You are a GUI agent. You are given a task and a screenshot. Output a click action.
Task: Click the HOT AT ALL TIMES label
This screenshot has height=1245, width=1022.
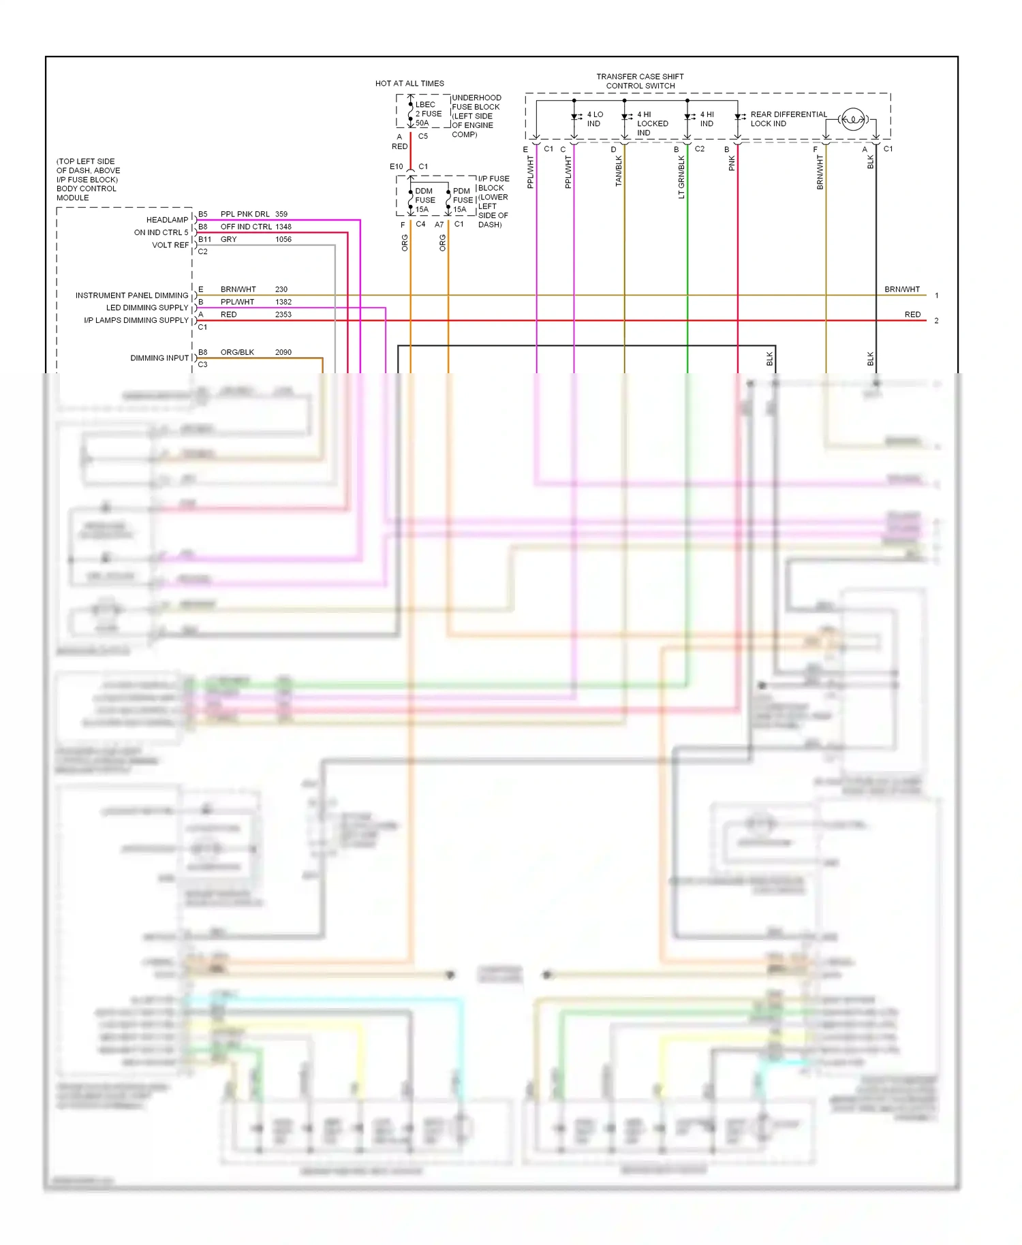[x=409, y=83]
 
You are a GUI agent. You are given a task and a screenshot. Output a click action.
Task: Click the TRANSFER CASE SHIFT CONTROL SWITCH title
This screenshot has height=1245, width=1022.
[x=640, y=81]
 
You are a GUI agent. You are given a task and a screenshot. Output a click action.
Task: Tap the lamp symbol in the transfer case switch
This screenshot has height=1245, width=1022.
[x=852, y=120]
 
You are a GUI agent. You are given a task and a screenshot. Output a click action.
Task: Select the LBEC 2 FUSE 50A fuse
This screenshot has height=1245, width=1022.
[x=427, y=114]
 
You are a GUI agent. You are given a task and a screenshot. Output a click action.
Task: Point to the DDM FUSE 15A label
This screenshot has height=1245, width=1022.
[x=424, y=200]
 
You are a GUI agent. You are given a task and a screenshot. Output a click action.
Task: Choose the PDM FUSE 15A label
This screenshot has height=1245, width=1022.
[x=463, y=200]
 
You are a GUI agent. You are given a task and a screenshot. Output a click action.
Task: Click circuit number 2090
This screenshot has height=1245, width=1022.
[x=283, y=352]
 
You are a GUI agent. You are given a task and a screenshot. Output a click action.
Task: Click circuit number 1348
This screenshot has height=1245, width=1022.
[x=283, y=227]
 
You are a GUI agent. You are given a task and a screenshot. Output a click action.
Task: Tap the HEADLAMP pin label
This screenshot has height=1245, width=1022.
[x=167, y=220]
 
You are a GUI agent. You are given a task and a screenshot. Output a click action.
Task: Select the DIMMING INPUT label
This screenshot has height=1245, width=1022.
[x=159, y=358]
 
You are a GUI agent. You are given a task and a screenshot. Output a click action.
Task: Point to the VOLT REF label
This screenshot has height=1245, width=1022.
[x=170, y=245]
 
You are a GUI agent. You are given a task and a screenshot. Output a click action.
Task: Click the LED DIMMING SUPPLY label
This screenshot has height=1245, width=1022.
[x=147, y=308]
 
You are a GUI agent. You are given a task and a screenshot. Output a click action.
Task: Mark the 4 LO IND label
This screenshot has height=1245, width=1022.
[x=595, y=119]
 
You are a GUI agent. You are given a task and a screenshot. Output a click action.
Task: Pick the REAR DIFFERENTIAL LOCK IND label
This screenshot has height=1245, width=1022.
[x=788, y=119]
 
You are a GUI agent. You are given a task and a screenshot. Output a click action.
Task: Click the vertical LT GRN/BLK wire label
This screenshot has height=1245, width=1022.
[x=681, y=177]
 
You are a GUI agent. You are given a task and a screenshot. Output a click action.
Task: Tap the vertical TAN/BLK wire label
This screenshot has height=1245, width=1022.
[x=619, y=171]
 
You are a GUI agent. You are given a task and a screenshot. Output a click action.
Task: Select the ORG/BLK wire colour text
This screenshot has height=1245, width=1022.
[x=237, y=352]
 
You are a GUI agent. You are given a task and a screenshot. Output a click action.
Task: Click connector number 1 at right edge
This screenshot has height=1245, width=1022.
[x=937, y=296]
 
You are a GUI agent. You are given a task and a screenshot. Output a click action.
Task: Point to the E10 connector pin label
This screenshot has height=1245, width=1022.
[x=396, y=167]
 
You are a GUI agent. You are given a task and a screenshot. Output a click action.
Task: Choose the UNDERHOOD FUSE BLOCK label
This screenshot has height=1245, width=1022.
[x=476, y=116]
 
